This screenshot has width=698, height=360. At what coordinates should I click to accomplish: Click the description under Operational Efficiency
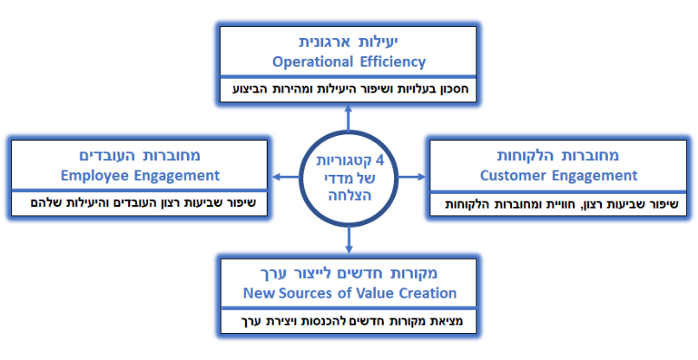point(349,89)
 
